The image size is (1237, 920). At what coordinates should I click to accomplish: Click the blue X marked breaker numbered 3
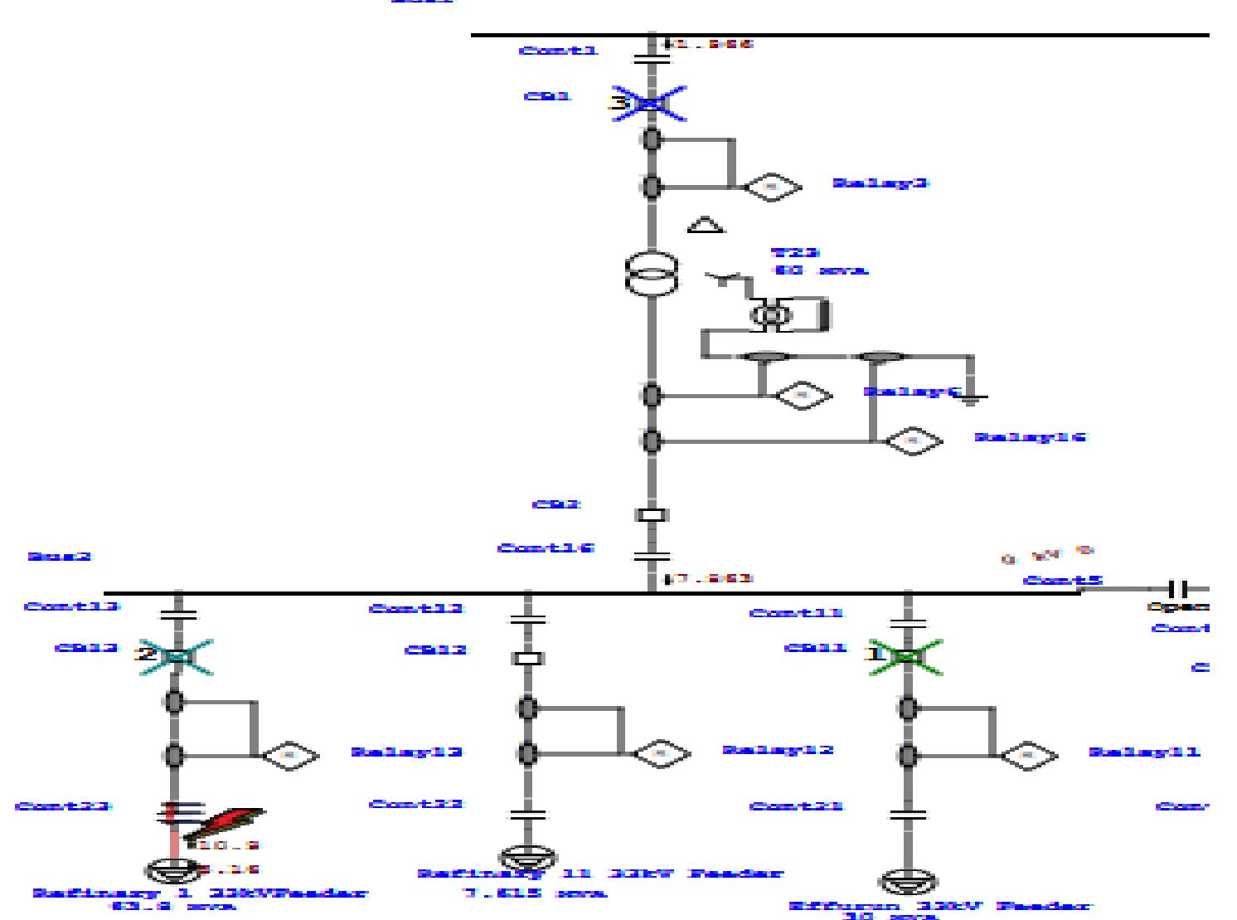[x=650, y=104]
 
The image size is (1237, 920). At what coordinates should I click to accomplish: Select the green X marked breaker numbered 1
[x=907, y=656]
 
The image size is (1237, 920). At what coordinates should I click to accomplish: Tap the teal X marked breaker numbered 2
[x=176, y=656]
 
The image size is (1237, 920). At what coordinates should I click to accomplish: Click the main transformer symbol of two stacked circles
[x=651, y=273]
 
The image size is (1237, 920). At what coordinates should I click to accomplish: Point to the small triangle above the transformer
[x=706, y=225]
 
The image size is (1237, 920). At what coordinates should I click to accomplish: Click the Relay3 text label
[x=880, y=183]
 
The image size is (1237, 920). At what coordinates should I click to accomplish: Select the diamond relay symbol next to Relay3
[x=772, y=187]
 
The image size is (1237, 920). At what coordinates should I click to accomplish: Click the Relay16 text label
[x=1030, y=436]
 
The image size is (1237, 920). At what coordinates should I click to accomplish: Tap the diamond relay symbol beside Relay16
[x=914, y=441]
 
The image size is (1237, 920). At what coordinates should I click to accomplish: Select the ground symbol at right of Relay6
[x=971, y=399]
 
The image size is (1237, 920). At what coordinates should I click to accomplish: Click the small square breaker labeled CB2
[x=652, y=515]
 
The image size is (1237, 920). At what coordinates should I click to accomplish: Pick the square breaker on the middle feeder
[x=527, y=658]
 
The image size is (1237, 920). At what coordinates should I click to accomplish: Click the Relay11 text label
[x=1144, y=752]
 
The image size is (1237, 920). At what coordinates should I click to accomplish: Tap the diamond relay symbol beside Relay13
[x=290, y=755]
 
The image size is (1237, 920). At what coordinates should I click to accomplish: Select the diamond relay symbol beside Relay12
[x=662, y=753]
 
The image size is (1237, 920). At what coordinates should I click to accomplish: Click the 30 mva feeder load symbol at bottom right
[x=908, y=881]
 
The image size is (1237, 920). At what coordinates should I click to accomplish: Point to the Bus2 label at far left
[x=59, y=556]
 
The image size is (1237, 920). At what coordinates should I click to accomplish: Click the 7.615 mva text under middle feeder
[x=533, y=893]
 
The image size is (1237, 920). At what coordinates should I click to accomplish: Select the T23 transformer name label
[x=795, y=252]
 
